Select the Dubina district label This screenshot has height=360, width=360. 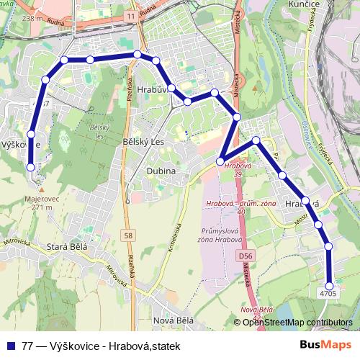pyautogui.click(x=161, y=171)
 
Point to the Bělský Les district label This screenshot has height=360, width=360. pyautogui.click(x=144, y=142)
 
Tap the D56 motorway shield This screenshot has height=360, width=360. pyautogui.click(x=246, y=256)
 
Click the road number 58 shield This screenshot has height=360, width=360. pyautogui.click(x=128, y=235)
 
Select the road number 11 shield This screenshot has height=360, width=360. pyautogui.click(x=129, y=15)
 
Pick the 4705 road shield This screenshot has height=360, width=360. pyautogui.click(x=328, y=293)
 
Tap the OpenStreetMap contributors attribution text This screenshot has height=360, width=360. pyautogui.click(x=297, y=323)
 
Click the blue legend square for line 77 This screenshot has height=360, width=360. pyautogui.click(x=9, y=346)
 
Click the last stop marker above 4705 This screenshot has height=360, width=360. pyautogui.click(x=330, y=284)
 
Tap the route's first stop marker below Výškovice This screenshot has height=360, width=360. pyautogui.click(x=31, y=167)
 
